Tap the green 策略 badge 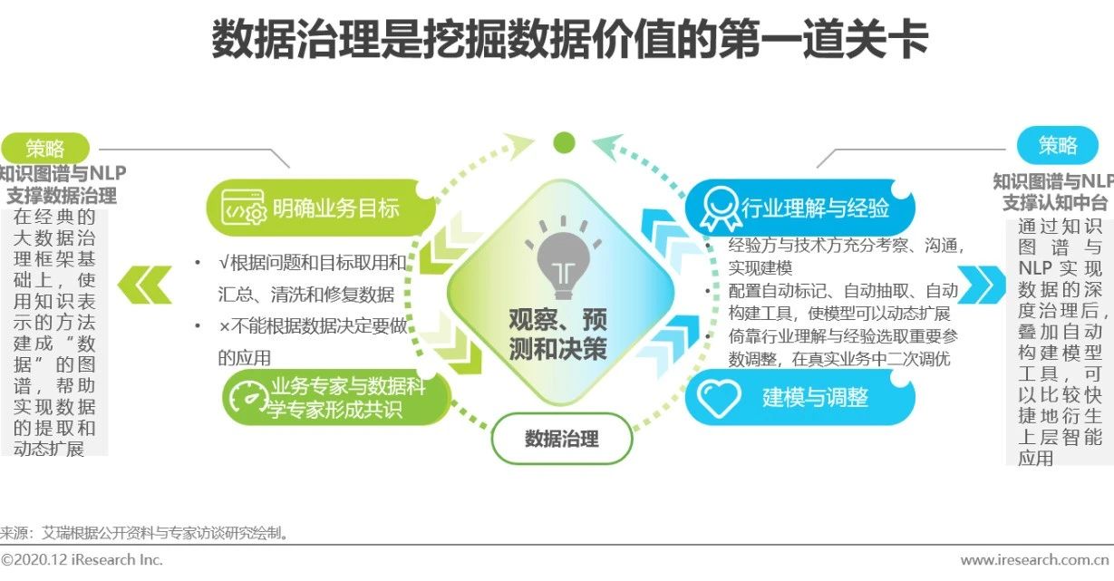pos(45,149)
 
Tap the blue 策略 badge pos(1057,145)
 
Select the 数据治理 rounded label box pos(561,440)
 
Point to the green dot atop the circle pos(564,142)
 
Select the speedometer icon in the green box pos(250,400)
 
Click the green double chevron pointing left pos(146,285)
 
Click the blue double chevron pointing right pos(982,285)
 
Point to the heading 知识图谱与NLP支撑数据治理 pos(62,184)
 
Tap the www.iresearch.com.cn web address pos(1036,560)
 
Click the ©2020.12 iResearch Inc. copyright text pos(82,560)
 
